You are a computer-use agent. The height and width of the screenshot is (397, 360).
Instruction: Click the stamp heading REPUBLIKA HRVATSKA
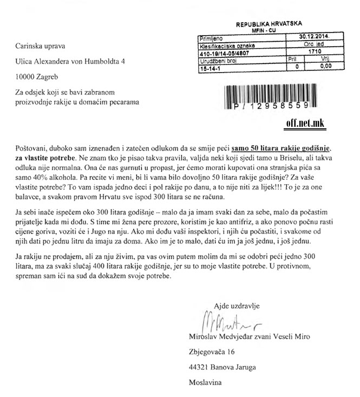[x=272, y=25]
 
